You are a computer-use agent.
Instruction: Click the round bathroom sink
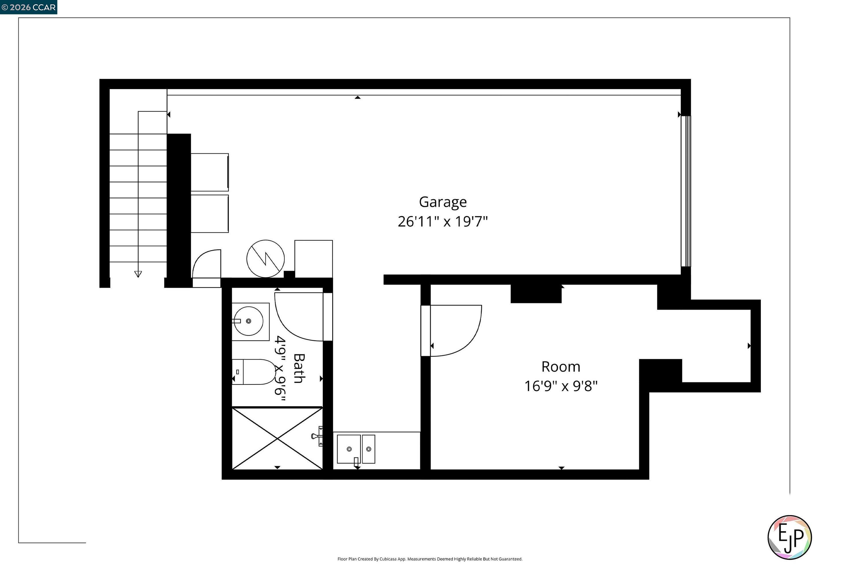click(249, 321)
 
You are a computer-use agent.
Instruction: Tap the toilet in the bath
click(253, 372)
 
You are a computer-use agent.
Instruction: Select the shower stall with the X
click(277, 438)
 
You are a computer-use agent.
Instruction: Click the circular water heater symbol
click(265, 259)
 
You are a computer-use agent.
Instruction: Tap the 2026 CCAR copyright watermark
click(28, 7)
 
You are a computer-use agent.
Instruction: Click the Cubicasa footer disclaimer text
click(430, 559)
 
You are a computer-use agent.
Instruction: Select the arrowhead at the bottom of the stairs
click(138, 274)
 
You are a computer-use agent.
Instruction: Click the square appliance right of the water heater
click(313, 258)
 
